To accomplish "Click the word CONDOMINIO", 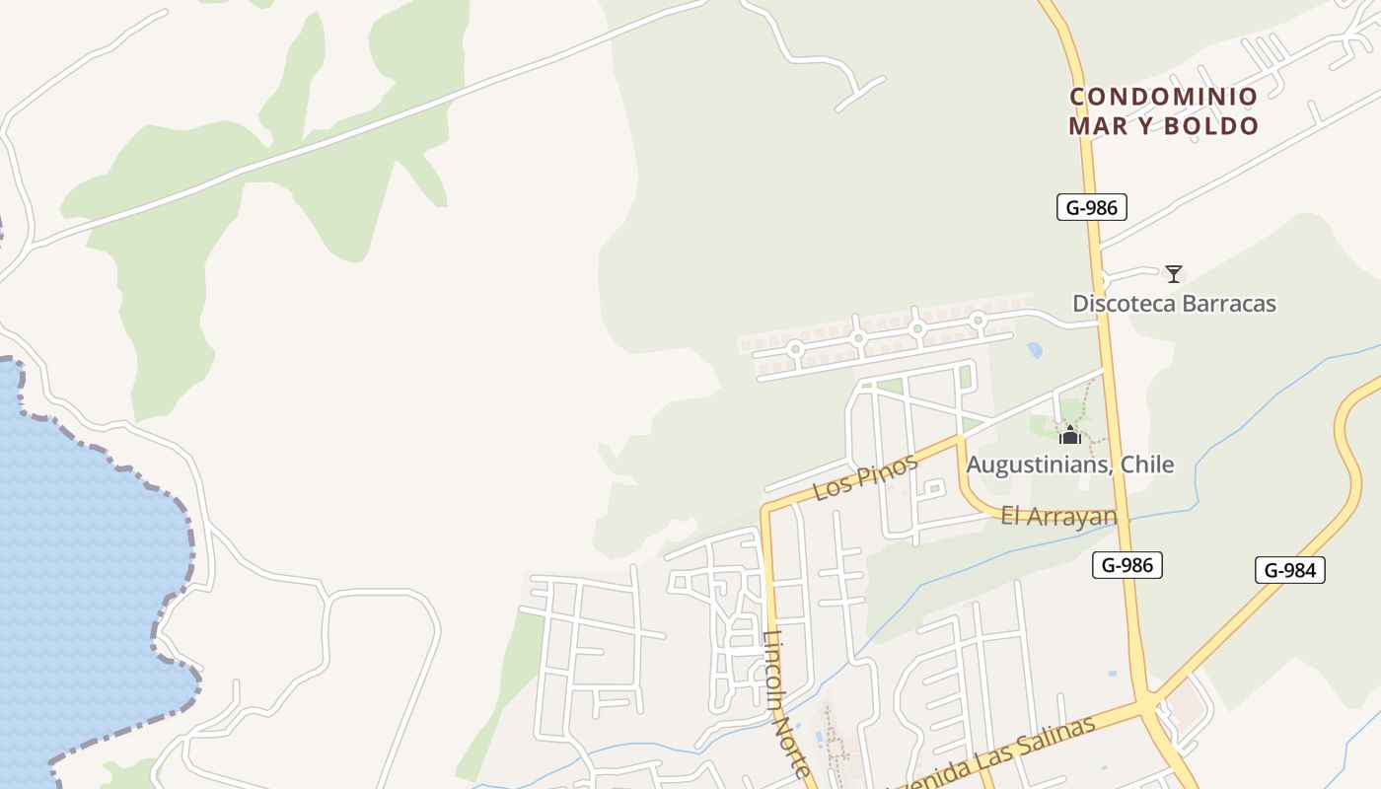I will (1164, 97).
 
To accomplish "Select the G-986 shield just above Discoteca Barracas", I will (1091, 207).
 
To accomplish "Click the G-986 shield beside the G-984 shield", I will (1127, 565).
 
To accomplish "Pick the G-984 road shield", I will (1289, 570).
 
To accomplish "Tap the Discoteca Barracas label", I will (1174, 304).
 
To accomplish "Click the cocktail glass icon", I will (1173, 273).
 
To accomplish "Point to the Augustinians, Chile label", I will (1070, 465).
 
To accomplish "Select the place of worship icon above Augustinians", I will (1070, 434).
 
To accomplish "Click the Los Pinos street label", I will (851, 478).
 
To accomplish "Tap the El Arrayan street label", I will (1058, 516).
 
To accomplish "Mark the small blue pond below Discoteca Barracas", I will (1035, 350).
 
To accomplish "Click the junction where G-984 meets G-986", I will (1146, 703).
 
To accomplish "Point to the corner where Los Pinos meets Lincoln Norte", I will (765, 509).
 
